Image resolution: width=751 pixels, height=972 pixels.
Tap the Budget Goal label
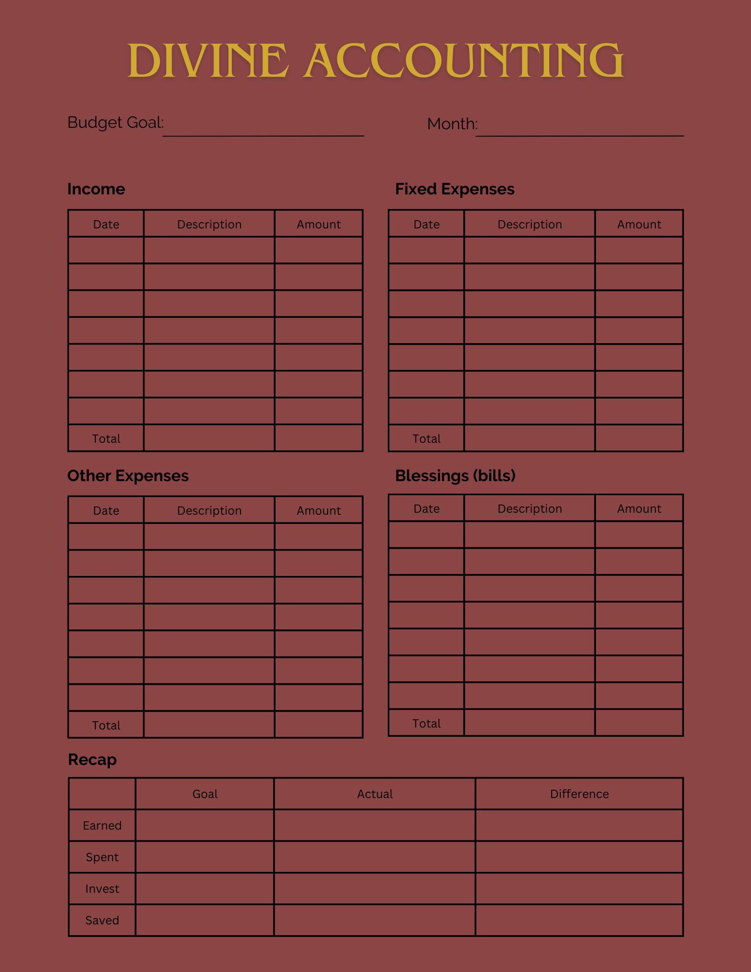tap(115, 122)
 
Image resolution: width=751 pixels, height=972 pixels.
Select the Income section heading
tap(96, 189)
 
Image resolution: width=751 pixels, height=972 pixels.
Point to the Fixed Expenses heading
tap(454, 189)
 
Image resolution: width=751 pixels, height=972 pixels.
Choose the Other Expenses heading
tap(128, 476)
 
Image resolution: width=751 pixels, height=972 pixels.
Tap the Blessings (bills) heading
tap(455, 476)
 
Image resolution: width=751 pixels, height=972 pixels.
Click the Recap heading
tap(92, 760)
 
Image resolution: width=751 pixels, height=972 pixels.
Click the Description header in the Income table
tap(209, 224)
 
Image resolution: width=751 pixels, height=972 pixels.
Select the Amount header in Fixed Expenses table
tap(639, 224)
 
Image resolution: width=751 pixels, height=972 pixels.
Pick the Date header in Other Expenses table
tap(106, 510)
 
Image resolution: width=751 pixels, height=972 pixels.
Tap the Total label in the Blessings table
tap(426, 723)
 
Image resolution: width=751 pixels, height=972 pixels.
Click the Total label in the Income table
tap(106, 438)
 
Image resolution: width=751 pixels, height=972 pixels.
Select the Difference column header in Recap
tap(579, 794)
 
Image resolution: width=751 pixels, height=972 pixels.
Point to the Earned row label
tap(102, 825)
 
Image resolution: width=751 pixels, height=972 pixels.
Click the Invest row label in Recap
tap(102, 888)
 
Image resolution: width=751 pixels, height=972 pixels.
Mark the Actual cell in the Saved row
tap(374, 920)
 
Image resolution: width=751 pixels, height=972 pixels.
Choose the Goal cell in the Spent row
tap(205, 857)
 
